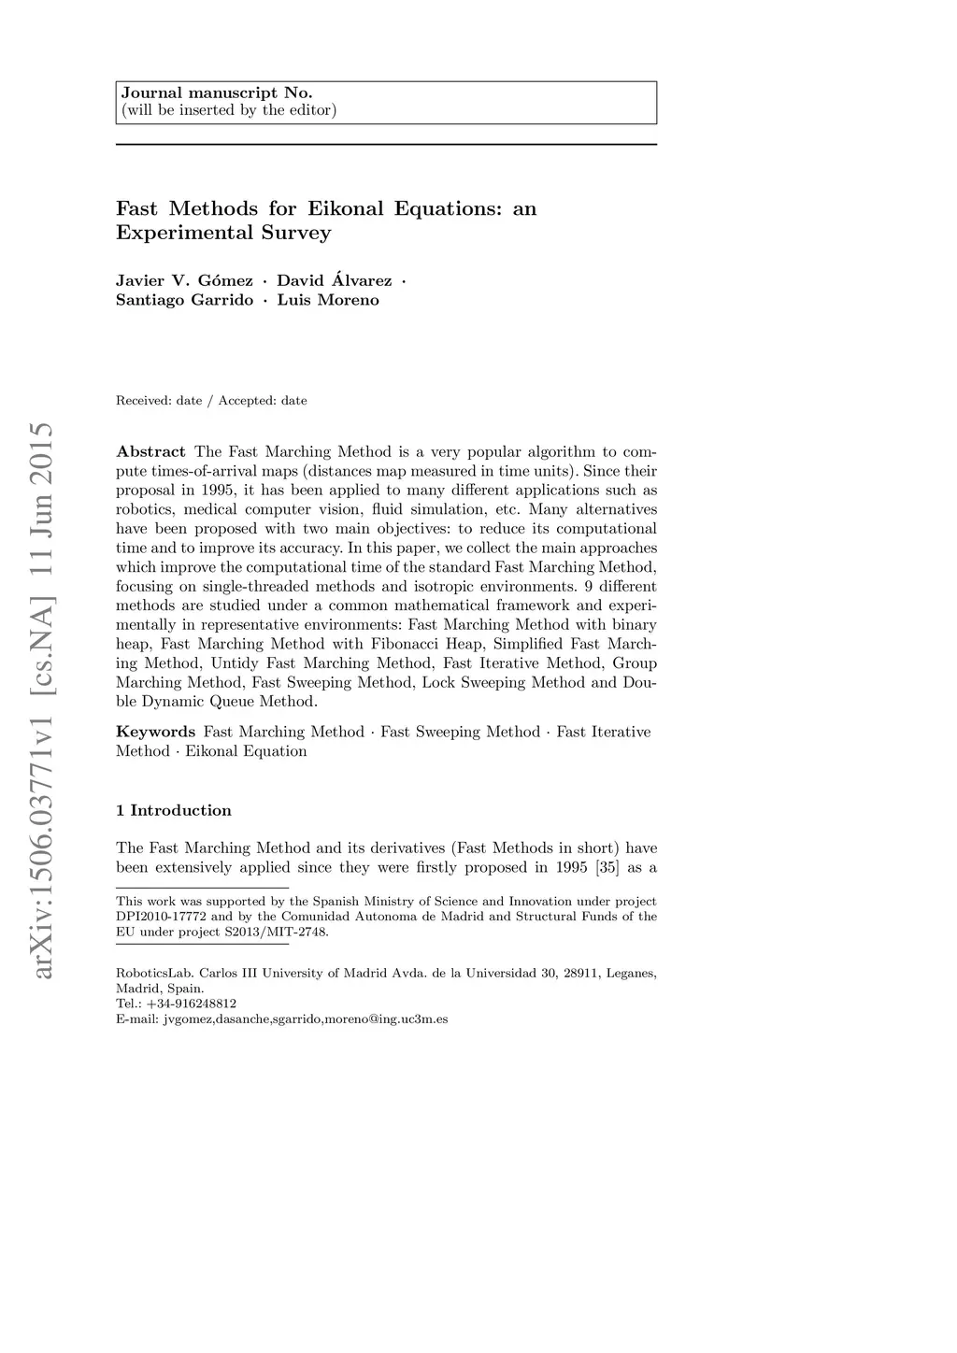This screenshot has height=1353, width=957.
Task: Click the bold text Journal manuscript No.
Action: (x=216, y=93)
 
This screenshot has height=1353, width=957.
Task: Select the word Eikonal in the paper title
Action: (x=346, y=208)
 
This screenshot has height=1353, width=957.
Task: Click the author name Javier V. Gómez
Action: (x=184, y=281)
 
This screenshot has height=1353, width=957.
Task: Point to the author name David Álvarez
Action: (x=334, y=281)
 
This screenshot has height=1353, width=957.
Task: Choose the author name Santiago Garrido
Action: (x=184, y=301)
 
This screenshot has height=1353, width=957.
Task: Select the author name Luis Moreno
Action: (x=328, y=301)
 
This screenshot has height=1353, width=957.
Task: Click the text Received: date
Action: (x=159, y=401)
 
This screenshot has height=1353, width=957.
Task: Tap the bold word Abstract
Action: (x=150, y=452)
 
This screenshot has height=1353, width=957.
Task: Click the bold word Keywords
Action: (x=155, y=732)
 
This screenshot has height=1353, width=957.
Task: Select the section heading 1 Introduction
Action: (x=174, y=810)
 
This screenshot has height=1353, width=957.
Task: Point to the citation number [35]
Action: (x=607, y=867)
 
